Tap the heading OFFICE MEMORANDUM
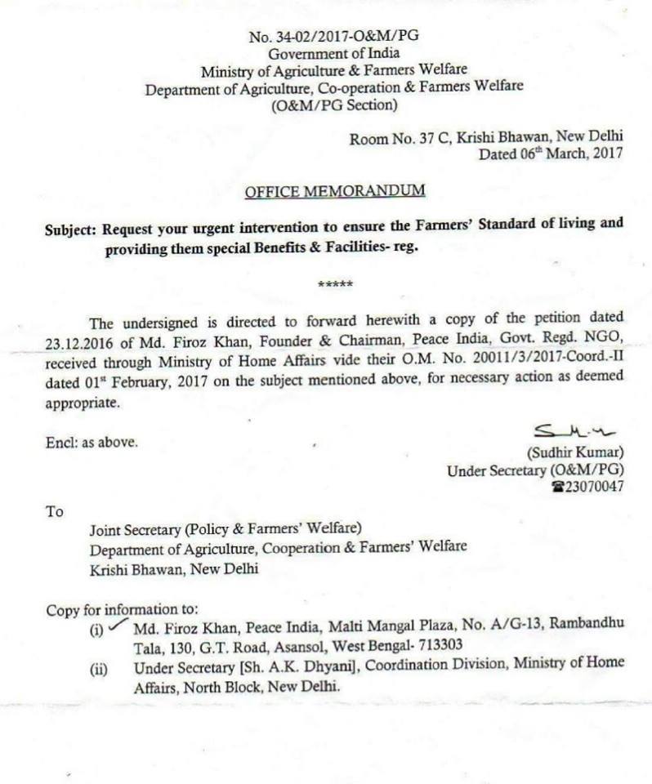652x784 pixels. click(x=335, y=190)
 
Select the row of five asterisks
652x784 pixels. click(x=335, y=284)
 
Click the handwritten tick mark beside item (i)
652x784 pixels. click(x=119, y=626)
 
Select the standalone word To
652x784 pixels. click(x=54, y=512)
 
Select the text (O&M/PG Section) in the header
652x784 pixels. click(x=335, y=106)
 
